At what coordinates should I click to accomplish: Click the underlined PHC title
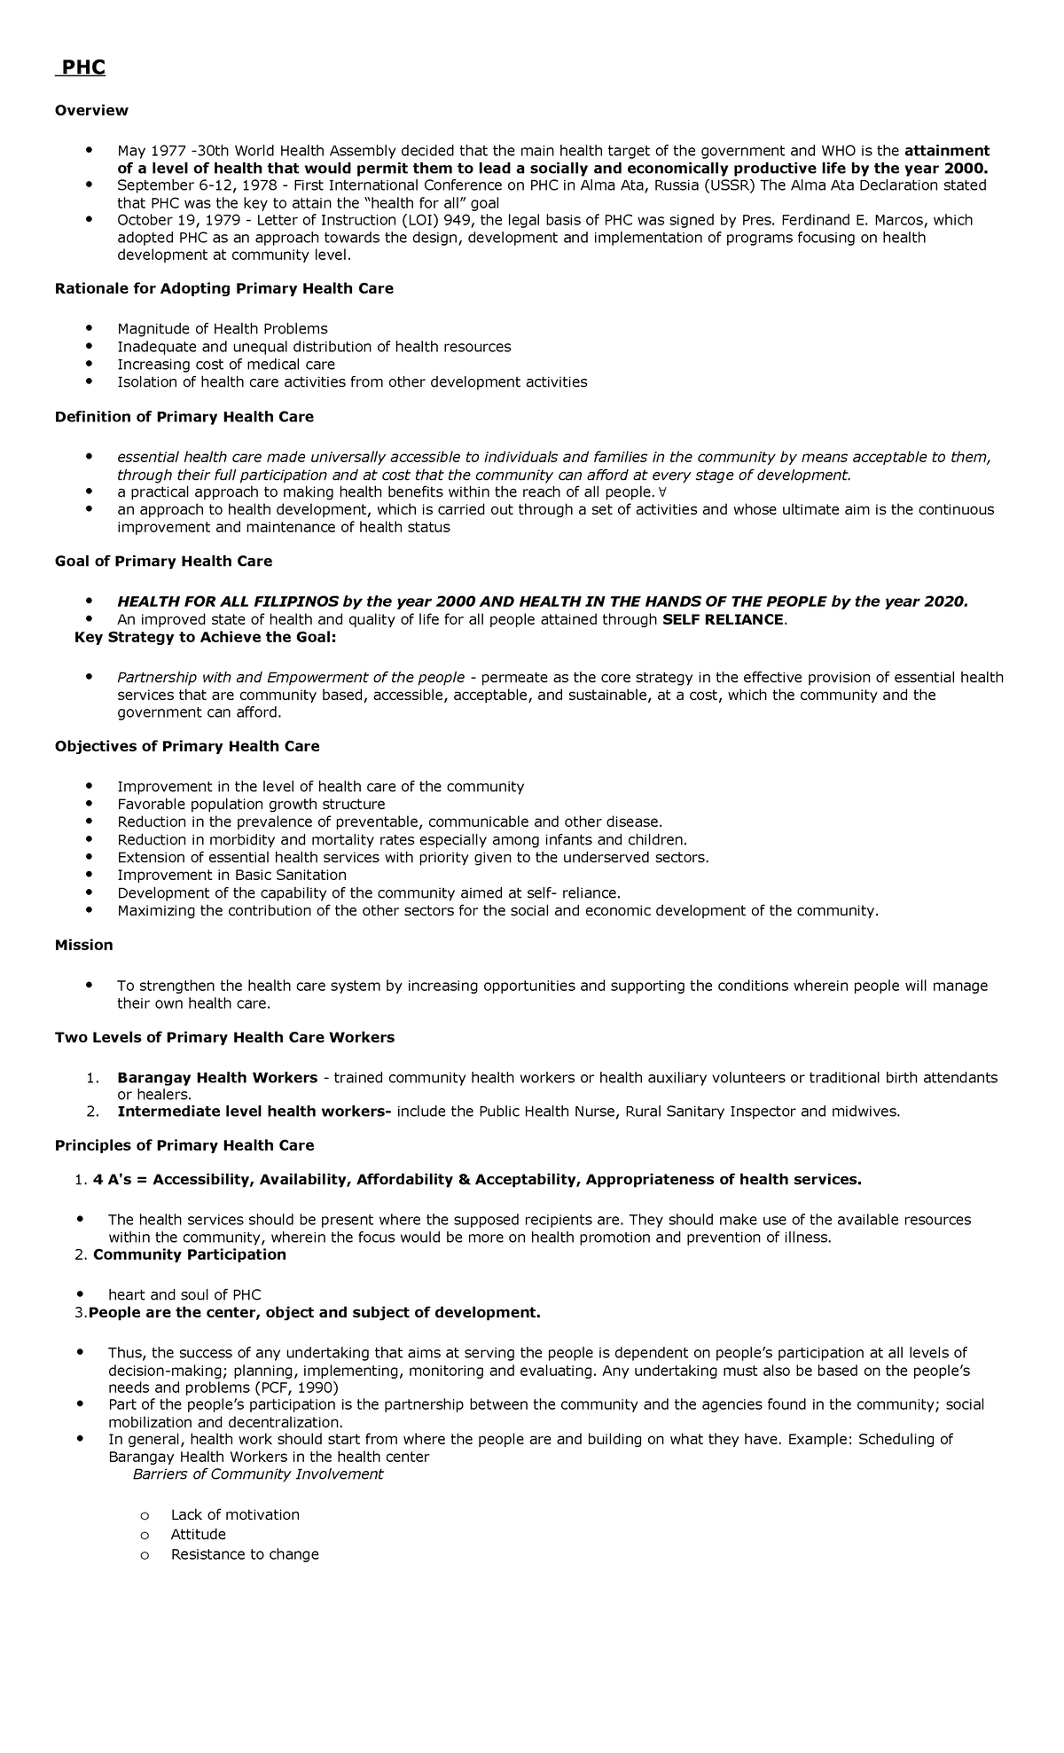click(82, 67)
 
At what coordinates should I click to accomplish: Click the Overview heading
click(91, 111)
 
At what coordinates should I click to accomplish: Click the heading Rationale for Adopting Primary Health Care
click(223, 289)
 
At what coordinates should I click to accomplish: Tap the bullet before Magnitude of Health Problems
click(89, 328)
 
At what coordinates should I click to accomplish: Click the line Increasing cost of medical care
click(226, 365)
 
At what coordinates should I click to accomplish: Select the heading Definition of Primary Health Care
click(184, 417)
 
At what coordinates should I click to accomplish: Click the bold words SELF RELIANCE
click(723, 620)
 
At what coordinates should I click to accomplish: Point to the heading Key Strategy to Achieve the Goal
click(206, 637)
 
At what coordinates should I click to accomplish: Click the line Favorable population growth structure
click(251, 805)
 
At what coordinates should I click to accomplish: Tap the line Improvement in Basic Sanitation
click(231, 876)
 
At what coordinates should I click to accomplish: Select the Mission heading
click(83, 946)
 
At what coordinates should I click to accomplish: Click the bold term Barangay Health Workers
click(217, 1078)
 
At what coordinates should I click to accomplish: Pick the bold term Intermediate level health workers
click(254, 1112)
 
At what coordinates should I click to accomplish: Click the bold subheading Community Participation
click(190, 1254)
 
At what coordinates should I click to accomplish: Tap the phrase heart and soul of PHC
click(184, 1295)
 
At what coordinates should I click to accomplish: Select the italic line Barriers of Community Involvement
click(257, 1474)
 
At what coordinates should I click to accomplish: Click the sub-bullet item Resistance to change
click(245, 1554)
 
